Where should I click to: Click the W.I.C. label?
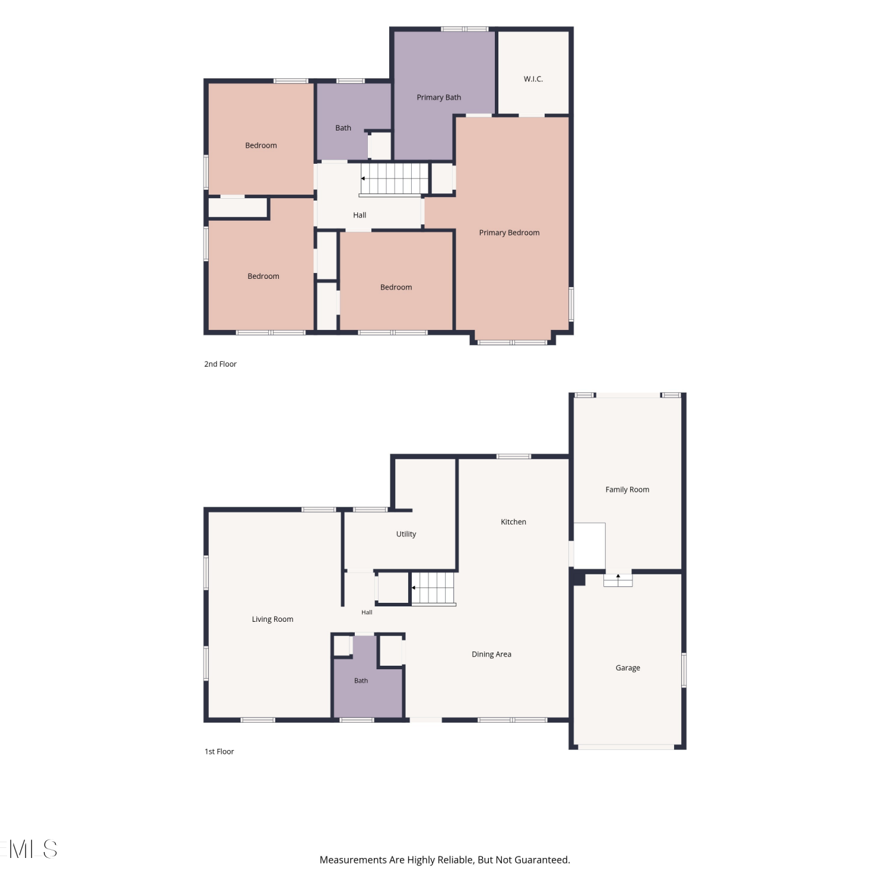pyautogui.click(x=533, y=79)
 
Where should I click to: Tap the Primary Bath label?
pyautogui.click(x=438, y=97)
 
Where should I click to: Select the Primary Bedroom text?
pyautogui.click(x=509, y=233)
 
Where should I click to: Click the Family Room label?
pyautogui.click(x=627, y=490)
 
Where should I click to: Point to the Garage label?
pyautogui.click(x=628, y=668)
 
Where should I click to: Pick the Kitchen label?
pyautogui.click(x=513, y=522)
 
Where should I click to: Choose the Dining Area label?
pyautogui.click(x=491, y=654)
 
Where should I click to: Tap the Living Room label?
pyautogui.click(x=272, y=619)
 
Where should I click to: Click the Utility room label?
pyautogui.click(x=406, y=534)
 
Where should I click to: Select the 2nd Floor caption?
pyautogui.click(x=220, y=364)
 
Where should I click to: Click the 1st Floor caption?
pyautogui.click(x=219, y=752)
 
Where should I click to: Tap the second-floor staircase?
pyautogui.click(x=394, y=179)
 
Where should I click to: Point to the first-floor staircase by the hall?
pyautogui.click(x=434, y=589)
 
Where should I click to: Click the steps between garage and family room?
pyautogui.click(x=618, y=580)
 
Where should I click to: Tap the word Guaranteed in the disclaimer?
pyautogui.click(x=541, y=860)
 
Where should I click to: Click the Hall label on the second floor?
pyautogui.click(x=360, y=215)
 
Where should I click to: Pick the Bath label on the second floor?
pyautogui.click(x=343, y=128)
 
